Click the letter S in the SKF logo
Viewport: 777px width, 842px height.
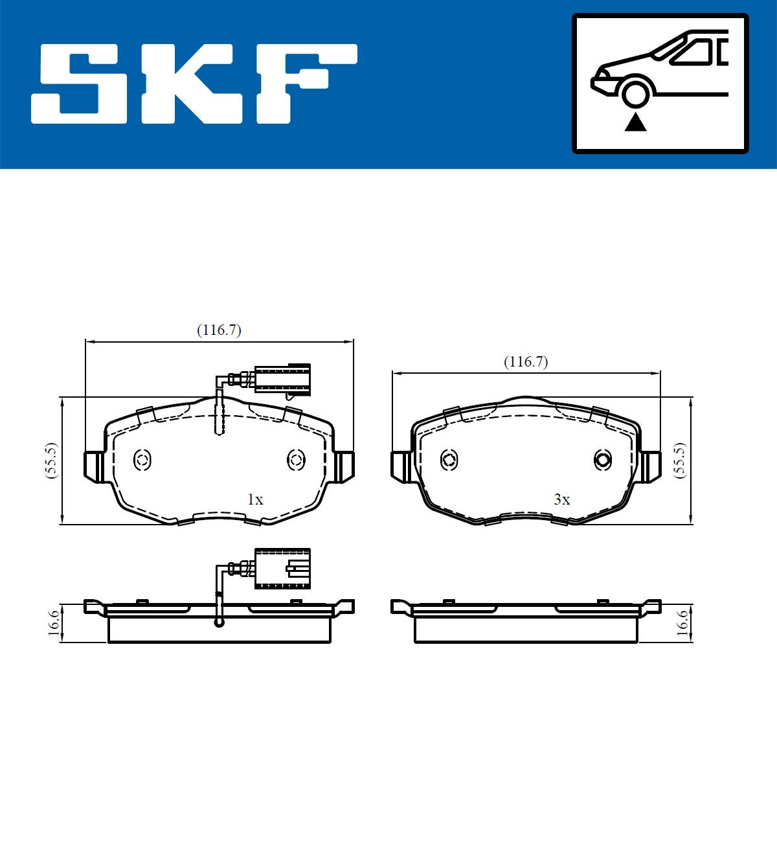point(79,84)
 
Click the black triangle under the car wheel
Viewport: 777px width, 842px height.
point(635,122)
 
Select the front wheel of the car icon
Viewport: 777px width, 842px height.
point(635,93)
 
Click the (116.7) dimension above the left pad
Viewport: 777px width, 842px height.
point(219,330)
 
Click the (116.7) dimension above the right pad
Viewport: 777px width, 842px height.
point(526,361)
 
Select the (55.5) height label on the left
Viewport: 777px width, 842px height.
point(51,461)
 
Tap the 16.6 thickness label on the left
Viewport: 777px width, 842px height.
point(54,622)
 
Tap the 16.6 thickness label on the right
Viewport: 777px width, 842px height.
point(681,622)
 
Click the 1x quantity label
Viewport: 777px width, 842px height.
point(255,499)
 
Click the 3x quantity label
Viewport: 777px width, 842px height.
point(561,499)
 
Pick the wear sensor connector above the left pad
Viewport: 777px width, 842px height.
point(283,379)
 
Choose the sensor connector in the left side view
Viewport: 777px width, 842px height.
point(283,569)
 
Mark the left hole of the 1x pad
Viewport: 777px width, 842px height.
point(142,461)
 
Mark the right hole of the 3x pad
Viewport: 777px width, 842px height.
point(603,461)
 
